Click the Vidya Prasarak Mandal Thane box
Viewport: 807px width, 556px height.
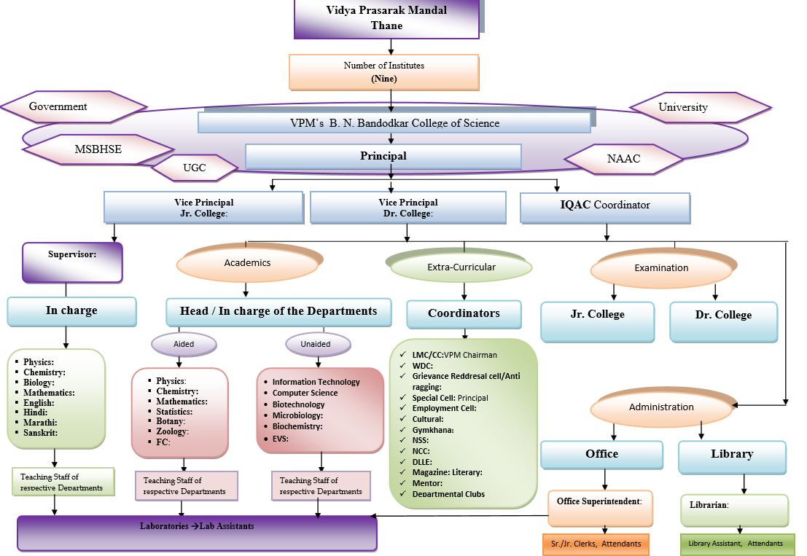[x=386, y=18]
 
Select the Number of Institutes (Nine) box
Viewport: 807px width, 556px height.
[x=384, y=71]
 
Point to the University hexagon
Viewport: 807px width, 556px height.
[x=693, y=107]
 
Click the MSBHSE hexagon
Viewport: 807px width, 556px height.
[x=98, y=149]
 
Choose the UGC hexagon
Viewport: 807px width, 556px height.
[x=195, y=168]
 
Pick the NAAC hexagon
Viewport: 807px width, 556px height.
[x=623, y=159]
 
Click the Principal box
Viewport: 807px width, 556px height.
[x=383, y=156]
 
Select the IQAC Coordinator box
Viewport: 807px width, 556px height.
[x=605, y=206]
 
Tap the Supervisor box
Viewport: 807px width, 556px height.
[x=72, y=262]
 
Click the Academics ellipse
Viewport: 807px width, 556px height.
[x=248, y=265]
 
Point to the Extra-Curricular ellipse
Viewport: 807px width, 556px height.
[x=461, y=268]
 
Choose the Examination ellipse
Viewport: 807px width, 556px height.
[x=661, y=269]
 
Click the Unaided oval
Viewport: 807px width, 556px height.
[x=315, y=344]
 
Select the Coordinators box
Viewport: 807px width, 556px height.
[x=464, y=314]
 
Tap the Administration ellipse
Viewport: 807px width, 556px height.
[x=661, y=408]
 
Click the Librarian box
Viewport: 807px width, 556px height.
[x=734, y=510]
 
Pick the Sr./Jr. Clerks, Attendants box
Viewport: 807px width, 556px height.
[x=596, y=544]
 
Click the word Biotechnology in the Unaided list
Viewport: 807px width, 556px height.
[x=298, y=404]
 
